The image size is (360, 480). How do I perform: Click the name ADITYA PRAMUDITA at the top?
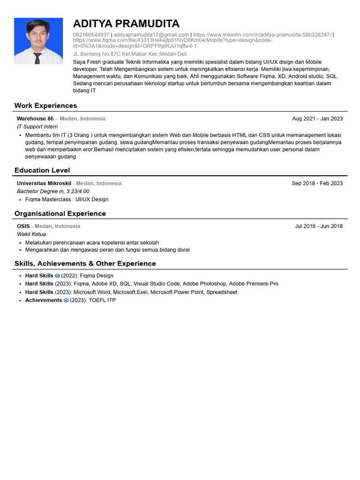[126, 24]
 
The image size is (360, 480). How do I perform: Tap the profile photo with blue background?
[38, 41]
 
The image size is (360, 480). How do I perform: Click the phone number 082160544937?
[91, 35]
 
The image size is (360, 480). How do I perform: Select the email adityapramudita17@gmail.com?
[151, 35]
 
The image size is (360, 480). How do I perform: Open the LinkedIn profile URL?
[262, 35]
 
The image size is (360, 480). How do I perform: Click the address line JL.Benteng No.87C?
[130, 54]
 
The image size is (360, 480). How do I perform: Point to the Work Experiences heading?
[45, 105]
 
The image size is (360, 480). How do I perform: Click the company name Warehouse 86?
[35, 119]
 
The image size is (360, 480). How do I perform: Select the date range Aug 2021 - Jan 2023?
[317, 119]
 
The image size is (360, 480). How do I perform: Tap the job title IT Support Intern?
[37, 127]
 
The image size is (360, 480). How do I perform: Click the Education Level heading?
[42, 170]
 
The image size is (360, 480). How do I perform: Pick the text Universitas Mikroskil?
[44, 183]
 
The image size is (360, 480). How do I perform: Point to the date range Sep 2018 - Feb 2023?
[317, 183]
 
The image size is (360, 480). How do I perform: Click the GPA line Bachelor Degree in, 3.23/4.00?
[53, 191]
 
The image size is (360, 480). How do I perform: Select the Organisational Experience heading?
[60, 213]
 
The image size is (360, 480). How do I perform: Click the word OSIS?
[23, 226]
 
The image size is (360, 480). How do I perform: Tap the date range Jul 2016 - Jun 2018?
[319, 226]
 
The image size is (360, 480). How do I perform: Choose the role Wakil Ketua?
[31, 234]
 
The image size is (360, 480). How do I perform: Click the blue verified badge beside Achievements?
[66, 300]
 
